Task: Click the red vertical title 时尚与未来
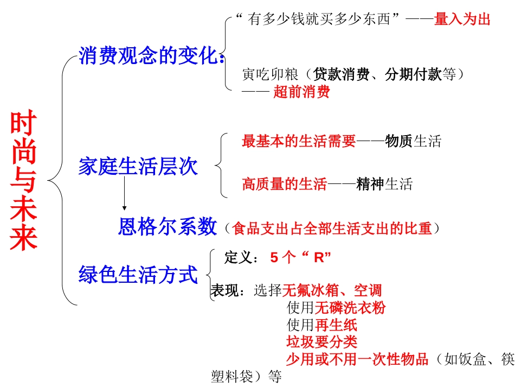24,181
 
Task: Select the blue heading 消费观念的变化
149,56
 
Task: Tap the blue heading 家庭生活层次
138,167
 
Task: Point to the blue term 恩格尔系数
168,227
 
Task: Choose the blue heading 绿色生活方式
138,275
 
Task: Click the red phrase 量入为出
462,20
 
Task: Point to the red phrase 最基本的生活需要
299,142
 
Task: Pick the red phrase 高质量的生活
285,185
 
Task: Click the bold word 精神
370,185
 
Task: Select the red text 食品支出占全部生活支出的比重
332,229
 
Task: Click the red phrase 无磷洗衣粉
350,308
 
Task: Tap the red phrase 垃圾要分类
322,342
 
